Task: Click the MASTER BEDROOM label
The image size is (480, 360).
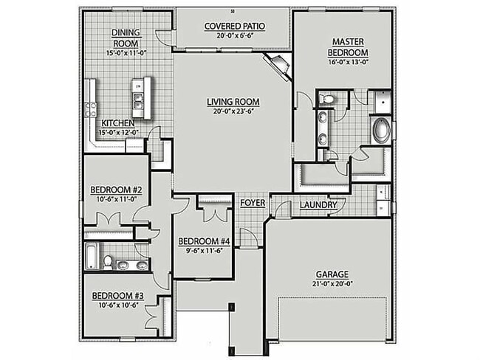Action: tap(349, 47)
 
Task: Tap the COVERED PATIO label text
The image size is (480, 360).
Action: tap(235, 27)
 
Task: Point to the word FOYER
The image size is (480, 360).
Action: tap(252, 203)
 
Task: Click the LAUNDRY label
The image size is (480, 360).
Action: tap(318, 204)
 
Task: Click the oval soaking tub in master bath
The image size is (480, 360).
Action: tap(381, 131)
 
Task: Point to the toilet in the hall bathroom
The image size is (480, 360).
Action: tap(108, 261)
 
